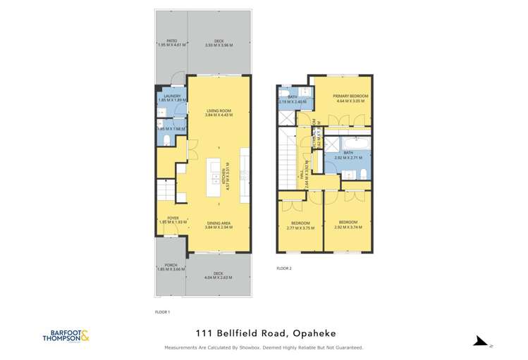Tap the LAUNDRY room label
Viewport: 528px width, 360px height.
(x=172, y=97)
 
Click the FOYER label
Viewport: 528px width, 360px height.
(x=173, y=218)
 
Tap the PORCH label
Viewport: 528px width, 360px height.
(x=171, y=266)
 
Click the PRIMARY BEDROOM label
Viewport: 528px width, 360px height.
(x=351, y=95)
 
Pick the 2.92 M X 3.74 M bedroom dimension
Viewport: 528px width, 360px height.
(x=347, y=228)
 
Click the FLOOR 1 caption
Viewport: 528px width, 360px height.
(x=163, y=311)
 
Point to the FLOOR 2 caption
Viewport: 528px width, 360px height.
(x=283, y=268)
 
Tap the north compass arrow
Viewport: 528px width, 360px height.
(x=480, y=342)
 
